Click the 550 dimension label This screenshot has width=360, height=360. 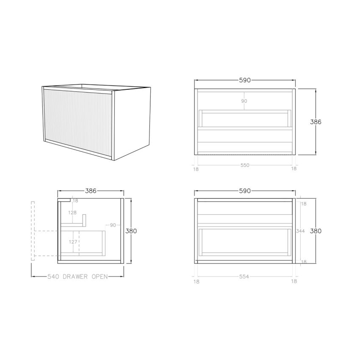point(245,165)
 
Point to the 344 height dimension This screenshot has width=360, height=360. point(300,231)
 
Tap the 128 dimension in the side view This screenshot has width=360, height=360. point(72,213)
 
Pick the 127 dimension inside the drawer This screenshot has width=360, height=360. point(72,243)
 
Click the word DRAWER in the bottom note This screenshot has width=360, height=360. point(75,277)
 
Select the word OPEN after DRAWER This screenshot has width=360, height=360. point(98,277)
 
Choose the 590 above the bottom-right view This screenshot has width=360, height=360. point(245,191)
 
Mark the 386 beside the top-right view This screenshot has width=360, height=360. point(316,122)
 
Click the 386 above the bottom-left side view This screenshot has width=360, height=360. point(91,191)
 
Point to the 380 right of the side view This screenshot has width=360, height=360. point(131,231)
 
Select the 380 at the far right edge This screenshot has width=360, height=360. point(316,231)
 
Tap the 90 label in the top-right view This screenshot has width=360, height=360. point(244,101)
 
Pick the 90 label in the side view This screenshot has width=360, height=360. point(113,225)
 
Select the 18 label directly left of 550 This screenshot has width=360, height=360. point(196,169)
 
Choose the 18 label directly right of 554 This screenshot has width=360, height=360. point(294,281)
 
